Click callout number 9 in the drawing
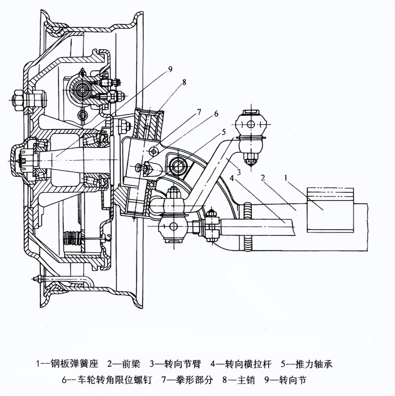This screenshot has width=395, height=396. click(170, 69)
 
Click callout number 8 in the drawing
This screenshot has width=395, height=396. click(184, 82)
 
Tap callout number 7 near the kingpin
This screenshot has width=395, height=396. click(199, 112)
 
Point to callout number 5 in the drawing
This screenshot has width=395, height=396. click(224, 132)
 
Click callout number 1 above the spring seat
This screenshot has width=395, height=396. click(286, 178)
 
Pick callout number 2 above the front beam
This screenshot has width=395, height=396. click(263, 178)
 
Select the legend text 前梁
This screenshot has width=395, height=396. click(131, 364)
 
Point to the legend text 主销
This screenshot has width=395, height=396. click(246, 380)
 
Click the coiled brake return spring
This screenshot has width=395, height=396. click(73, 238)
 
